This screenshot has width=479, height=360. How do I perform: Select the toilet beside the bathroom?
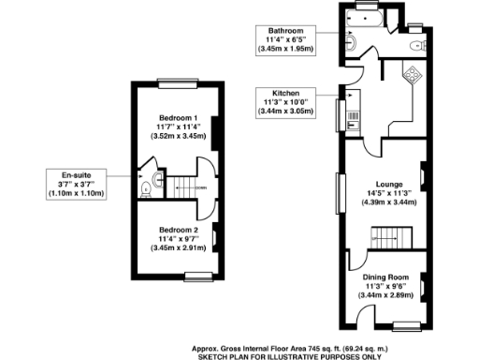(414, 44)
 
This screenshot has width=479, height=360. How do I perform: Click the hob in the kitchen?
(412, 74)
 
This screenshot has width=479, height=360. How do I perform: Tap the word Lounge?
(388, 184)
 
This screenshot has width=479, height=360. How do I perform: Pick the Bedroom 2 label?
(178, 230)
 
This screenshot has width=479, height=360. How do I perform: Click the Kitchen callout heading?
(284, 94)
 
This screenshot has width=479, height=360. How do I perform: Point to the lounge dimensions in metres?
(388, 202)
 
